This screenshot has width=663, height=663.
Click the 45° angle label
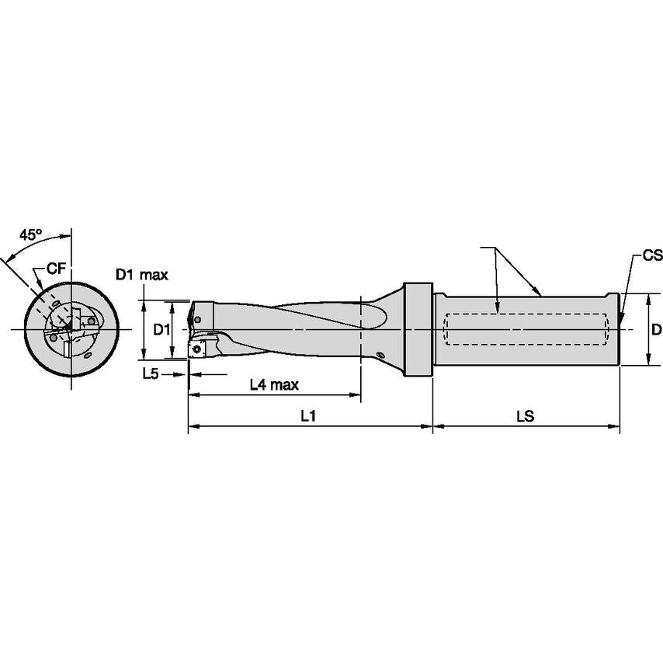coord(30,234)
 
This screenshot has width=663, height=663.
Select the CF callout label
coord(55,269)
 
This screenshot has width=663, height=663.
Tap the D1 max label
coord(142,274)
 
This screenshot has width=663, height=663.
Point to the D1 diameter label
coord(161,330)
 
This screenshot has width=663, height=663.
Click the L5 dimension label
coord(151,373)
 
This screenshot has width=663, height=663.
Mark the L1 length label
coord(308,416)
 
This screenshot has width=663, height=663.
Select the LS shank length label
coord(526,416)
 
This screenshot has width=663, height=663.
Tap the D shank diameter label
coord(656,330)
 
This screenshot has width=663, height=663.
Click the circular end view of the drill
coord(71,330)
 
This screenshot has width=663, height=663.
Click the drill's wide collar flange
coord(417,330)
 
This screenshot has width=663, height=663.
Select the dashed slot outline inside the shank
coord(524,330)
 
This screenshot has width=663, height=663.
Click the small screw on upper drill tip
coord(198,319)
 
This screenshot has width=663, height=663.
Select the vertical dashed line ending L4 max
coord(361,342)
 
